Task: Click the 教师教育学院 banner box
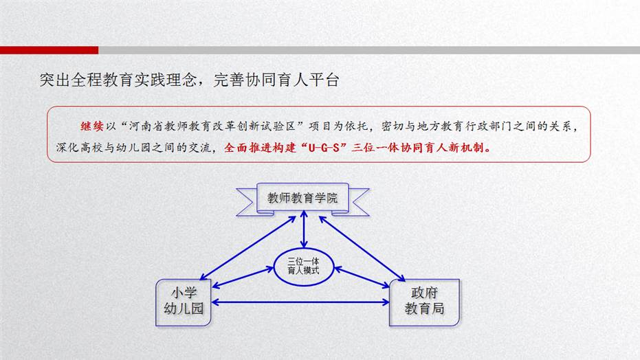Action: tap(302, 198)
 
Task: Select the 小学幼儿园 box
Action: tap(184, 302)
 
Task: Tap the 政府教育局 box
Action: tap(425, 302)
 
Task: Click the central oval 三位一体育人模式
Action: tap(304, 267)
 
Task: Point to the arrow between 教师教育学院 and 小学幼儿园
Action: tap(247, 248)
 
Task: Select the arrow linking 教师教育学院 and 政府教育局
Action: tap(362, 249)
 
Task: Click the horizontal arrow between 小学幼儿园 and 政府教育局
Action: tap(300, 302)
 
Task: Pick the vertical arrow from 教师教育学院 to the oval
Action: tap(304, 229)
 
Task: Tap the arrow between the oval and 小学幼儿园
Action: tap(243, 278)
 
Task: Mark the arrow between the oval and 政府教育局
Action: tap(362, 278)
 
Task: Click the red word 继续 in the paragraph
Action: tap(92, 126)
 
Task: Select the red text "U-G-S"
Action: tap(324, 148)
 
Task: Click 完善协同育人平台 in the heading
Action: tap(276, 80)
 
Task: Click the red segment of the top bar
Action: tap(49, 50)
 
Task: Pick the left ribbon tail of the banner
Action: tap(247, 202)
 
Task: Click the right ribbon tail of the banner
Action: tap(358, 202)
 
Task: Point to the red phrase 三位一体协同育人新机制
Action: tap(418, 148)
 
